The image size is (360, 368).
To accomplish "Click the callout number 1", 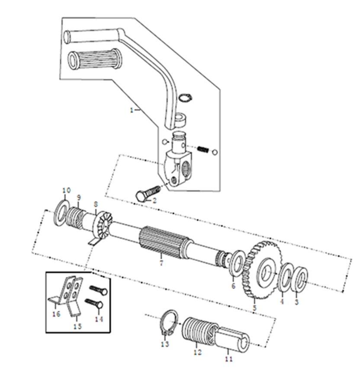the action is pyautogui.click(x=132, y=110).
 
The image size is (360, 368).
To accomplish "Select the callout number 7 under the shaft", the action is pyautogui.click(x=161, y=262).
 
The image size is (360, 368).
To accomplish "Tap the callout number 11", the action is pyautogui.click(x=228, y=359).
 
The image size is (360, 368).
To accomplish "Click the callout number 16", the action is pyautogui.click(x=56, y=314).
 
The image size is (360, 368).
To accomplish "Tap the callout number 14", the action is pyautogui.click(x=99, y=319).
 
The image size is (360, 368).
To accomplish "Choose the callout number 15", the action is pyautogui.click(x=77, y=326).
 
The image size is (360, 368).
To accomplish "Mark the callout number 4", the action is pyautogui.click(x=282, y=301).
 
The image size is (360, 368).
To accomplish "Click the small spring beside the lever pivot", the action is pyautogui.click(x=203, y=149).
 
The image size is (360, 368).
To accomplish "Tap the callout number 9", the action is pyautogui.click(x=79, y=197).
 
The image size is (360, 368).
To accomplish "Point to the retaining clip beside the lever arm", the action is pyautogui.click(x=185, y=98).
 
